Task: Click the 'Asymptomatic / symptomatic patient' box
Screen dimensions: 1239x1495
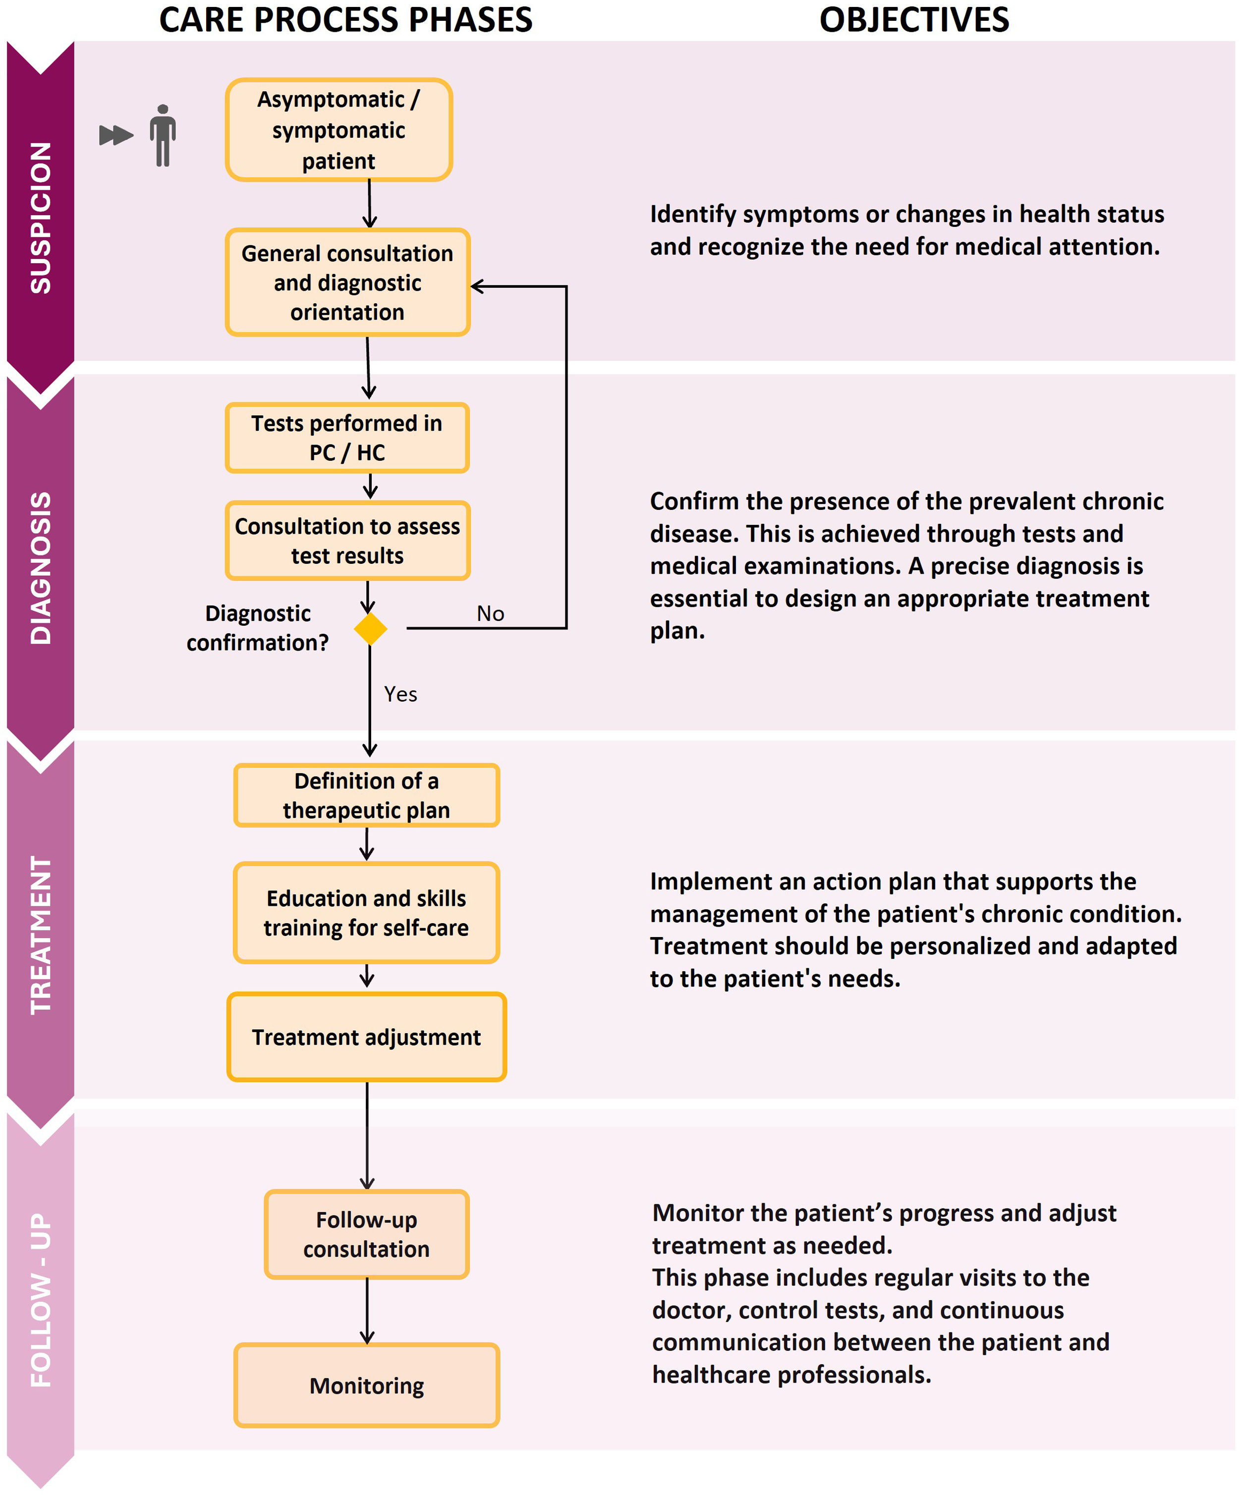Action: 339,129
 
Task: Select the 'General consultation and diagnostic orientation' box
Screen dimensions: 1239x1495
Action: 347,282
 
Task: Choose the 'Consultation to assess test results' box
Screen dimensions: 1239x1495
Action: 347,540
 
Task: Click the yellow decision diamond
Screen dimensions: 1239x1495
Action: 370,629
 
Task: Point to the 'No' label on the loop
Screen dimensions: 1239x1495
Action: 491,613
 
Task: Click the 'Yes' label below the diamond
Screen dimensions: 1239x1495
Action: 400,694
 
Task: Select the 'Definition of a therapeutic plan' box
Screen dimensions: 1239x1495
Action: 367,795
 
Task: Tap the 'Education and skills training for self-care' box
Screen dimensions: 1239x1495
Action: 367,913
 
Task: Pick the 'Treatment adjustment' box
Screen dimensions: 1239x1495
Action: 367,1037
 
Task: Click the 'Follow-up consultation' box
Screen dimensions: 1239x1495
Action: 367,1234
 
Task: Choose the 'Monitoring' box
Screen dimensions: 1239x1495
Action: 367,1385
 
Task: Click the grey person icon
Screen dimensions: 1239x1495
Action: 163,135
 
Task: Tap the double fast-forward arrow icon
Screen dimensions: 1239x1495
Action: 116,135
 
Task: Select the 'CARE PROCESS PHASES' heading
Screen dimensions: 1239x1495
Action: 346,20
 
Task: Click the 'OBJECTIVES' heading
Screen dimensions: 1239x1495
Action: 914,20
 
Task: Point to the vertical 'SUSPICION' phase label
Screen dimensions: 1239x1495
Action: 41,218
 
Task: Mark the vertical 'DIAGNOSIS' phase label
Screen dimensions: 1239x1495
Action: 41,568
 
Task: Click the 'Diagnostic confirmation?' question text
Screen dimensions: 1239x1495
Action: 258,628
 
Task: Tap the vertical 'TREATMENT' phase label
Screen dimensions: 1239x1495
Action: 41,935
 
